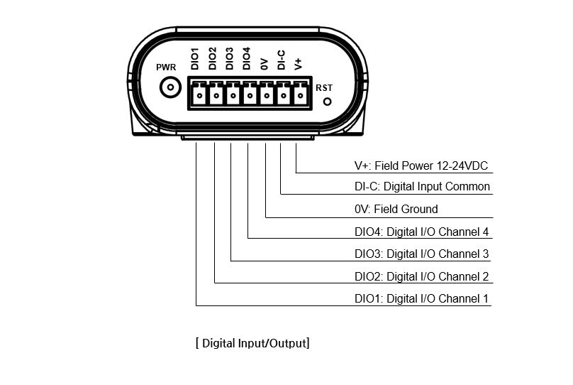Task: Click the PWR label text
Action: tap(166, 67)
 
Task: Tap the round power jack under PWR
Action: tap(170, 87)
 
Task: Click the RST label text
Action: tap(324, 88)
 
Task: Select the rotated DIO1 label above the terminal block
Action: tap(195, 58)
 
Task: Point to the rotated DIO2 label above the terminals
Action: tap(212, 58)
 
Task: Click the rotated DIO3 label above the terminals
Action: tap(229, 58)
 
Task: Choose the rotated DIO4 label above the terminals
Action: tap(246, 58)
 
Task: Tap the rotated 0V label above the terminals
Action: tap(264, 64)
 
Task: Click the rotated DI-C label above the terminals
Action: tap(281, 60)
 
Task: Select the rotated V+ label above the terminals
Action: tap(298, 64)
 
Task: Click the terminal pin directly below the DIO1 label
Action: tap(199, 96)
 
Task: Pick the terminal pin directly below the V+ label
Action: tap(301, 96)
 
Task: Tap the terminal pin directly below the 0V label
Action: tap(267, 96)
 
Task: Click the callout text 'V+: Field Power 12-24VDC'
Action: tap(421, 166)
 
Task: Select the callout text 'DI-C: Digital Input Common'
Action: tap(422, 187)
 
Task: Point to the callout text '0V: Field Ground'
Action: tap(396, 209)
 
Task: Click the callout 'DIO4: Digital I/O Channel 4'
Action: tap(421, 232)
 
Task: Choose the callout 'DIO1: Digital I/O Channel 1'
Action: tap(421, 298)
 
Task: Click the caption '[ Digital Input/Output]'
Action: tap(252, 343)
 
